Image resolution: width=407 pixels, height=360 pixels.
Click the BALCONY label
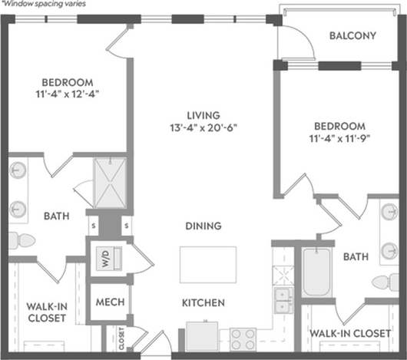[x=352, y=35]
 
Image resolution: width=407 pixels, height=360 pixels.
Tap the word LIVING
[x=203, y=115]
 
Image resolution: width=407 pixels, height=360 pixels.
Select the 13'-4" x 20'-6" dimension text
[x=203, y=128]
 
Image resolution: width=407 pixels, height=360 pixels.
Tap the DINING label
[x=203, y=226]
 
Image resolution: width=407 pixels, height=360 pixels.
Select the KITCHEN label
[x=203, y=303]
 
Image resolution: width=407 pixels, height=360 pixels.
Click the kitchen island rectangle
[x=203, y=265]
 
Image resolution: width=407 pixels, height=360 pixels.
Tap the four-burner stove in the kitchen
[x=243, y=338]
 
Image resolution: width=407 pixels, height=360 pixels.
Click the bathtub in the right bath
[x=315, y=272]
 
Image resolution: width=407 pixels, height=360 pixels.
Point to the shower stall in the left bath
[x=109, y=181]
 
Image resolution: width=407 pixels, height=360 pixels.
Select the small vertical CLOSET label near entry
[x=121, y=338]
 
